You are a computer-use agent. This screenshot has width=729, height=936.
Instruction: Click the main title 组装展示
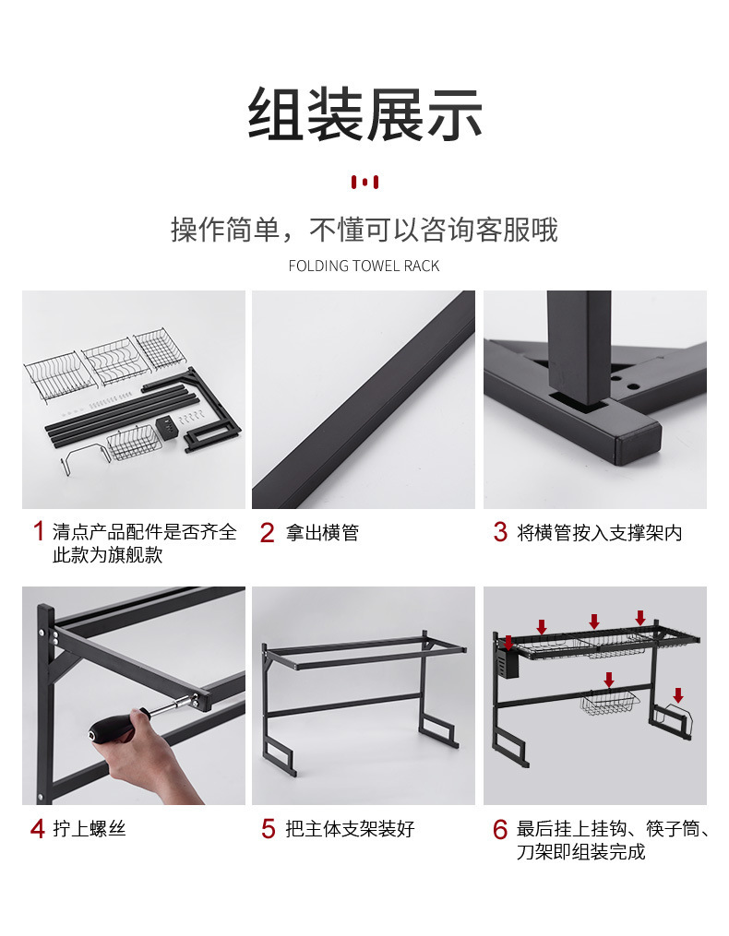click(365, 114)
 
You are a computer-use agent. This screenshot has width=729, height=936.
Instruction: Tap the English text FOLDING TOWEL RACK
click(364, 266)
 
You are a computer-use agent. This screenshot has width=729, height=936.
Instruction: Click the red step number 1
click(39, 531)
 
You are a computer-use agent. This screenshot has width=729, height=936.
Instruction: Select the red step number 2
click(267, 532)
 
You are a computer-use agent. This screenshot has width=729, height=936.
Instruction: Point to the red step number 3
click(500, 532)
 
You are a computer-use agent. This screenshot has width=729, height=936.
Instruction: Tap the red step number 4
click(38, 828)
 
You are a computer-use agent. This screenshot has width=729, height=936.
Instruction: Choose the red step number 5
click(269, 828)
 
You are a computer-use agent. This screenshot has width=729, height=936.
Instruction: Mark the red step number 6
click(500, 829)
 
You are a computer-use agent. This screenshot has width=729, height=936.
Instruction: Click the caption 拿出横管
click(322, 532)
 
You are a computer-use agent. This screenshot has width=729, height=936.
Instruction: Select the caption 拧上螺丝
click(90, 828)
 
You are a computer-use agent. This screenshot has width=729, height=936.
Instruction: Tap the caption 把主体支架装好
click(350, 828)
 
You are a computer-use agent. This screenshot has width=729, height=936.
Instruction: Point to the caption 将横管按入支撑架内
click(599, 532)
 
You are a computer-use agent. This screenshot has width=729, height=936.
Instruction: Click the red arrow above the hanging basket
click(609, 680)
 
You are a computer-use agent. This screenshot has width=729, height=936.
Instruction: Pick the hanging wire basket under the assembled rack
click(609, 702)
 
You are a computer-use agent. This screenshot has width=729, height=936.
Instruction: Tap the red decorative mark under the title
click(364, 182)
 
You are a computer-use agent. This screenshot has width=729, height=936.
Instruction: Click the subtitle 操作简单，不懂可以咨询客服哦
click(364, 230)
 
